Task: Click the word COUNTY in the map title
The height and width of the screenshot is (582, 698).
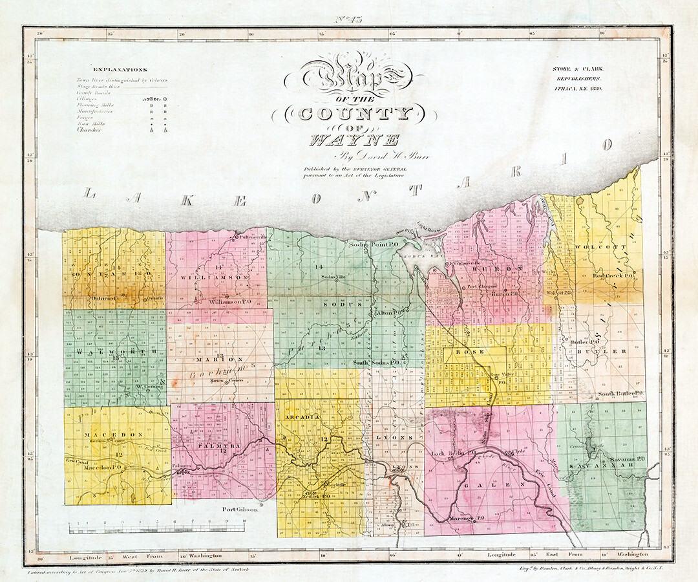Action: pos(354,114)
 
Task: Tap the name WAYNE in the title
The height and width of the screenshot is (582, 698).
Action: pos(355,139)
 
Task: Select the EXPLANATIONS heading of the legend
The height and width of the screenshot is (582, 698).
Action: pos(120,69)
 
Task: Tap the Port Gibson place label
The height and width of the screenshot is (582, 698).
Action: pos(240,509)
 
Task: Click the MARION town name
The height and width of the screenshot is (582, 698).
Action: pos(221,359)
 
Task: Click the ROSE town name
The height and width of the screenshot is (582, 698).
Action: pos(465,352)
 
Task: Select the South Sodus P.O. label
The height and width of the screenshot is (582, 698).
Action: pos(378,363)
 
